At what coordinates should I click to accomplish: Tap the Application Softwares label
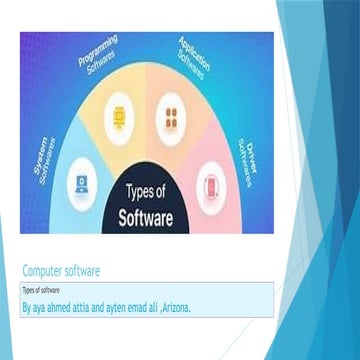(x=192, y=57)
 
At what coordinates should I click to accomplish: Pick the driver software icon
(x=211, y=185)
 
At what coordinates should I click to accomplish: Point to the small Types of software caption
(x=35, y=287)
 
